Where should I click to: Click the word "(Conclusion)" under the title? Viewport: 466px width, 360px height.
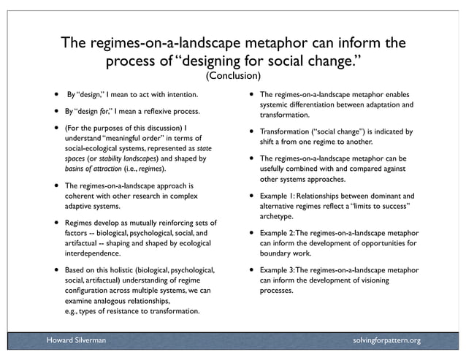click(x=233, y=75)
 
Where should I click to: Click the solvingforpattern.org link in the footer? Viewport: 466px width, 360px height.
click(x=386, y=340)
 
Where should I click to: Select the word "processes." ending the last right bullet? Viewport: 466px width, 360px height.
click(x=277, y=291)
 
